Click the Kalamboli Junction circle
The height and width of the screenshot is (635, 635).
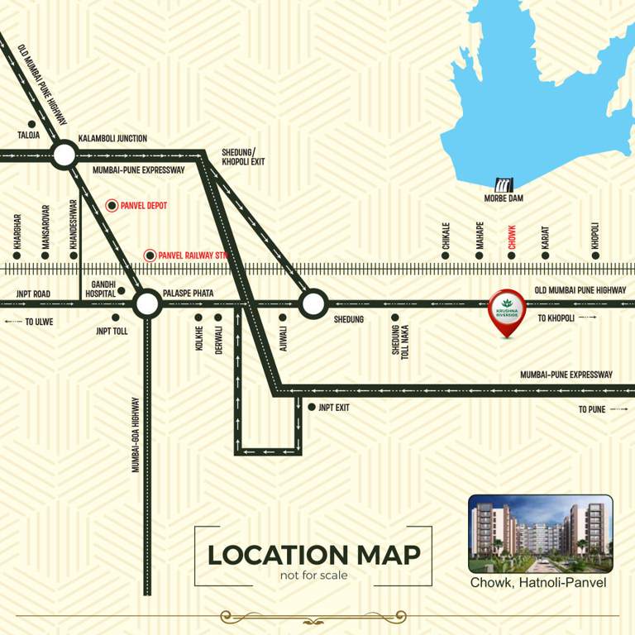(64, 154)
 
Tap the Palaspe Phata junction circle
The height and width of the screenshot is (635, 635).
(147, 303)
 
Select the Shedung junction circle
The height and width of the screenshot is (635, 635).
(313, 303)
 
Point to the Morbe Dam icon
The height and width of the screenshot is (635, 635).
(504, 184)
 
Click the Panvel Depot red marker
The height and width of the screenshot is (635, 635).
(112, 204)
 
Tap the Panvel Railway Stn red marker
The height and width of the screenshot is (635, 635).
(149, 255)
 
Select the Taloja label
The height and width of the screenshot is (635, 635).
(28, 135)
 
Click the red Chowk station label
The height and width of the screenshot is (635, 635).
(512, 237)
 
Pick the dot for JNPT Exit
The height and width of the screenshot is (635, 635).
(311, 407)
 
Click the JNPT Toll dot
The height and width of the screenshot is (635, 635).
(115, 317)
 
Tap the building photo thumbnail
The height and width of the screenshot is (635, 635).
(540, 534)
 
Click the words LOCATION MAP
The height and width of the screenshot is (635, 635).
(313, 555)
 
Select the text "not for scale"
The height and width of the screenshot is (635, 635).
(313, 575)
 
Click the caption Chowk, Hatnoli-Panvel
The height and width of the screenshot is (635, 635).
(538, 583)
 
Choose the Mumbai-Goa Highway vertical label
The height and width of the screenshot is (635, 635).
(136, 435)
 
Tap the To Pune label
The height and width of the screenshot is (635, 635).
(592, 409)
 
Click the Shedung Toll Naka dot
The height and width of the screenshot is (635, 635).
(394, 317)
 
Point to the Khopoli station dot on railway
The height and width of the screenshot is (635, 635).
(594, 255)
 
